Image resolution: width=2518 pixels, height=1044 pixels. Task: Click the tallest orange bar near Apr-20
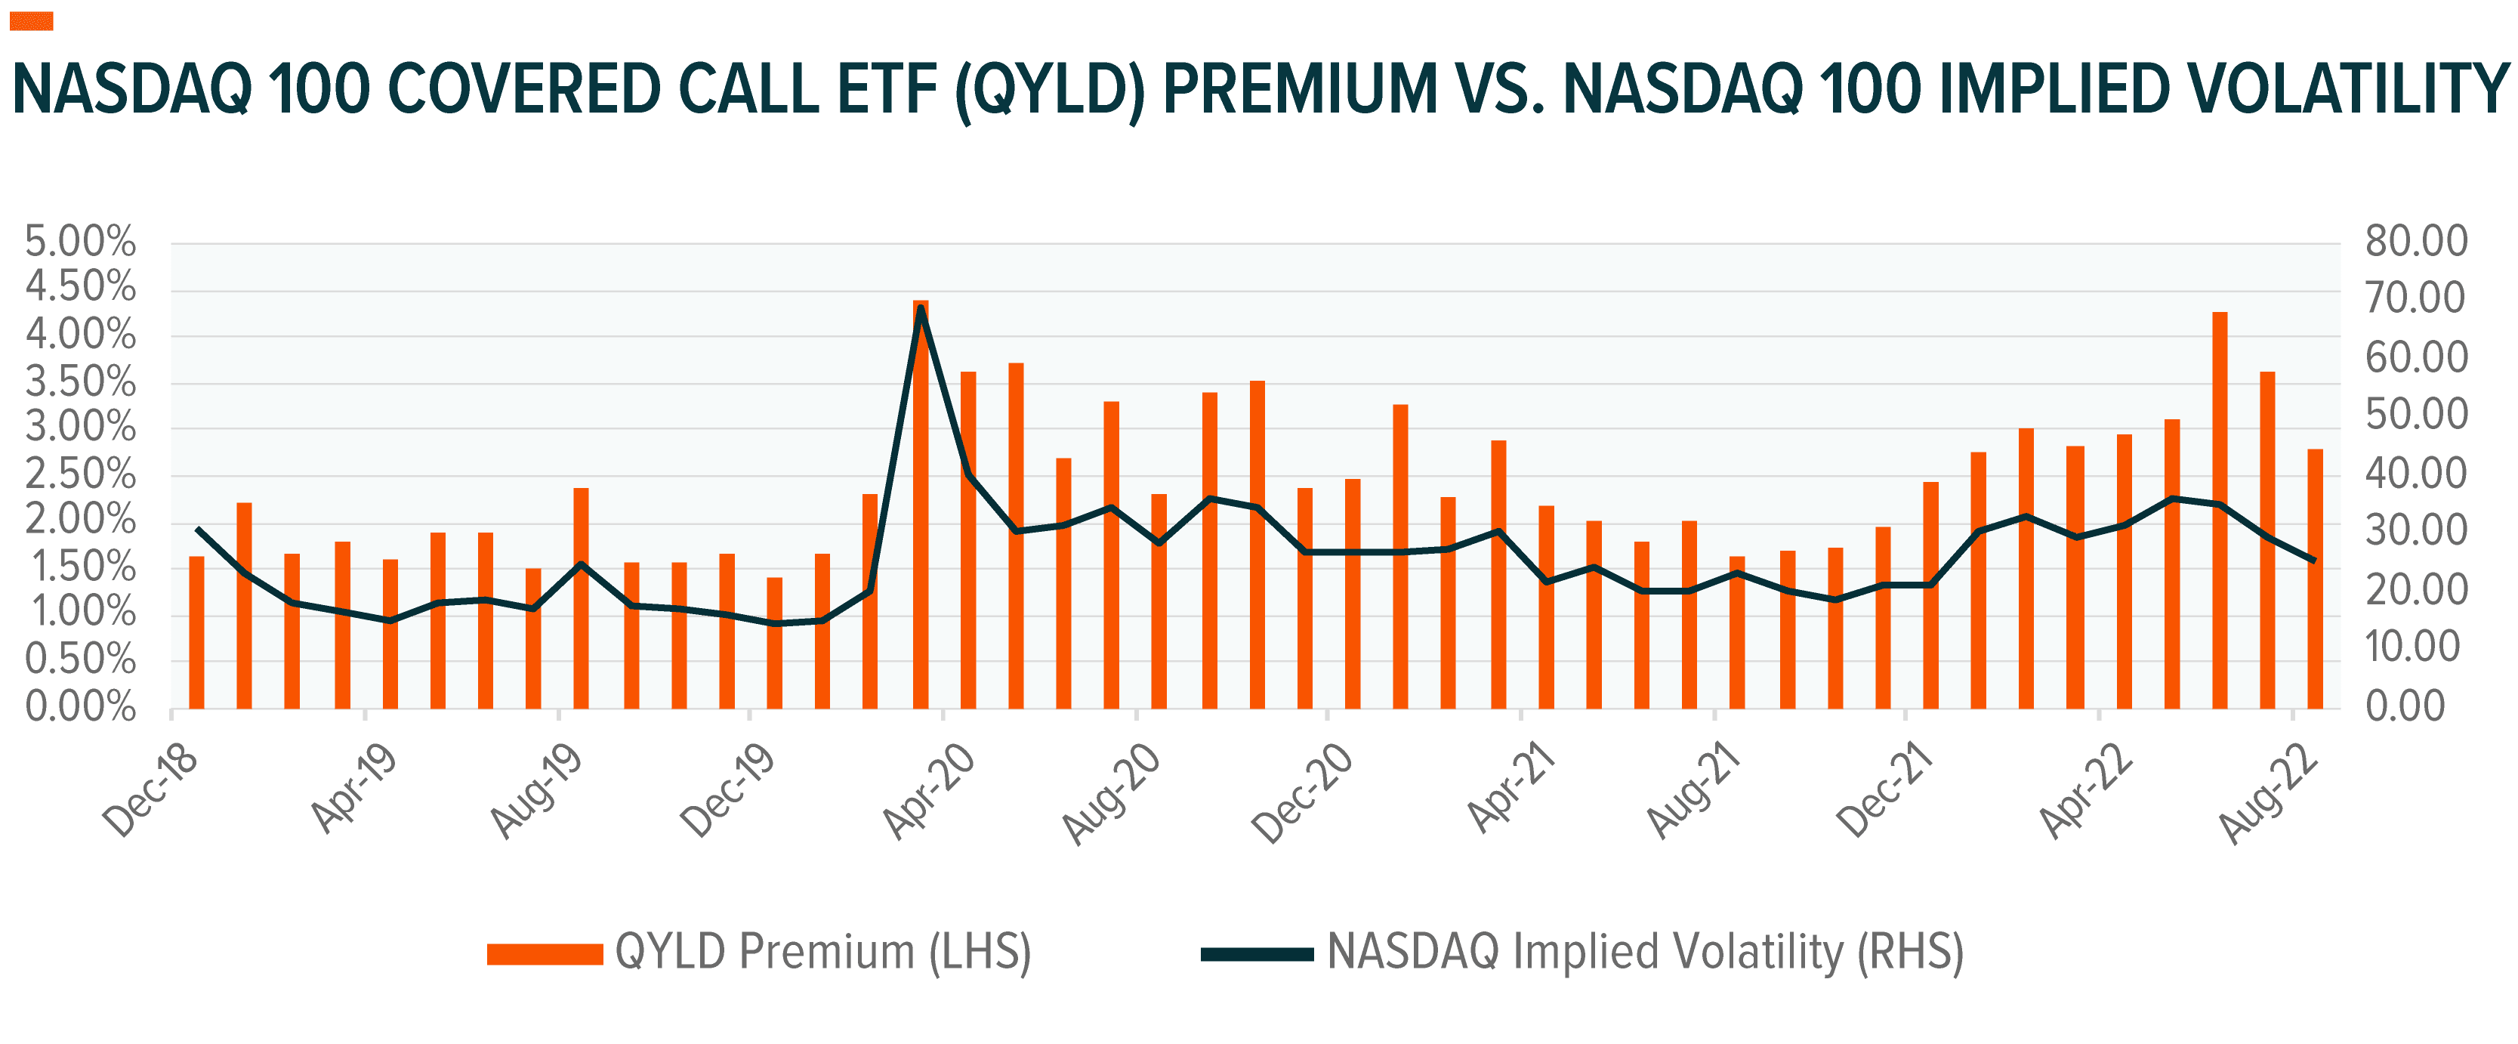pyautogui.click(x=920, y=503)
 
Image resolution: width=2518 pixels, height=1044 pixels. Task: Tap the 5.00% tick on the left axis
pyautogui.click(x=80, y=242)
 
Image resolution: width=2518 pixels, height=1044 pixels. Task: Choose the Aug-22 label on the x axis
pyautogui.click(x=2269, y=792)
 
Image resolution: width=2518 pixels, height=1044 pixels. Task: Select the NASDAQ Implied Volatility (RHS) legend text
pyautogui.click(x=1645, y=951)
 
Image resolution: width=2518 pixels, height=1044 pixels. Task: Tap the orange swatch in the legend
pyautogui.click(x=545, y=954)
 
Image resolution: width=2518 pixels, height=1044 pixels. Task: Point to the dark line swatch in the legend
pyautogui.click(x=1256, y=954)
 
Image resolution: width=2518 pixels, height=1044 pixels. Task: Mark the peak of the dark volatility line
pyautogui.click(x=921, y=310)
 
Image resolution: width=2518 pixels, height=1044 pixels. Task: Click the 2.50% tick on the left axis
pyautogui.click(x=80, y=475)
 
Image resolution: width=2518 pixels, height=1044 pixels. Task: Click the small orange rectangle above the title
pyautogui.click(x=31, y=21)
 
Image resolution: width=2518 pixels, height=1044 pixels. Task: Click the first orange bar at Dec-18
pyautogui.click(x=196, y=632)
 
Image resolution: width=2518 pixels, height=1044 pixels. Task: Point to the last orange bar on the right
pyautogui.click(x=2315, y=579)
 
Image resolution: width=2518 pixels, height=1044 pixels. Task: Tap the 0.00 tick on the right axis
pyautogui.click(x=2405, y=706)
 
